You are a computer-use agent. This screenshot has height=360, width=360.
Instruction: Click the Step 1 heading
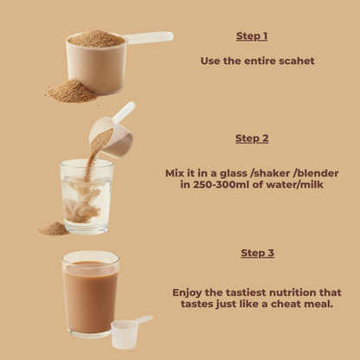click(252, 36)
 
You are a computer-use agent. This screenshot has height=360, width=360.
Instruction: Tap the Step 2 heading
click(252, 138)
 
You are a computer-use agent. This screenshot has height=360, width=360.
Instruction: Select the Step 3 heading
click(257, 253)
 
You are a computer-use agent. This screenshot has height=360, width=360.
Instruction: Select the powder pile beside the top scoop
click(72, 91)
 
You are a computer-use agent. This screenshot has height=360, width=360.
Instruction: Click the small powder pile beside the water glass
click(54, 228)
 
